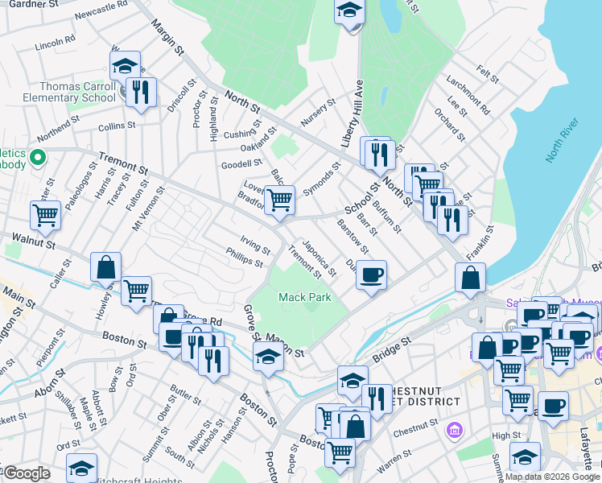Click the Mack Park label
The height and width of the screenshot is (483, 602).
click(x=305, y=298)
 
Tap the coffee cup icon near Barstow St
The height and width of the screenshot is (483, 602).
click(x=371, y=275)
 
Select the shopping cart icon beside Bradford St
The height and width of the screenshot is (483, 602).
click(x=279, y=199)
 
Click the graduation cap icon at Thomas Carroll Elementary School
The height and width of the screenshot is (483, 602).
click(x=125, y=65)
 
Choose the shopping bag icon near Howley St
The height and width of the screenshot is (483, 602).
click(x=106, y=266)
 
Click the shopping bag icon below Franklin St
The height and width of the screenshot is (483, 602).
click(x=470, y=279)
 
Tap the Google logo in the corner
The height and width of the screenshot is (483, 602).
click(x=26, y=473)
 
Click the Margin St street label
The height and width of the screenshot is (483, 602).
click(x=167, y=38)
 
